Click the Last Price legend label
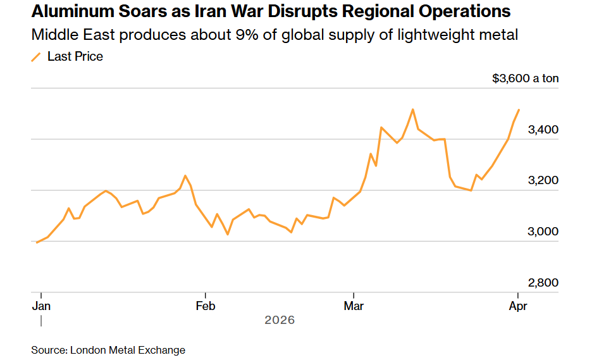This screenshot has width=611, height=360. (75, 56)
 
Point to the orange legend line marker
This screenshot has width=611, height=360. (36, 57)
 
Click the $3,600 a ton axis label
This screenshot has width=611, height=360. (526, 78)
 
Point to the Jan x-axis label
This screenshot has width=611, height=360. (41, 306)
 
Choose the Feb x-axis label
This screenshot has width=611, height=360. (206, 306)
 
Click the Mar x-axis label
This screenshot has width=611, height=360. (354, 306)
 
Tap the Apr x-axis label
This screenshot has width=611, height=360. (518, 306)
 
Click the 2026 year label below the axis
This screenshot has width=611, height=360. (279, 320)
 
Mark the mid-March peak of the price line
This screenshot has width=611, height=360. (412, 109)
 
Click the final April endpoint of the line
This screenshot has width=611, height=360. (519, 110)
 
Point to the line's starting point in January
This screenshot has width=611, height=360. (37, 242)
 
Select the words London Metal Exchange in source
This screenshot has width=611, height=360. (128, 350)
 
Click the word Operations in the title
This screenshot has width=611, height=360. (453, 12)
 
